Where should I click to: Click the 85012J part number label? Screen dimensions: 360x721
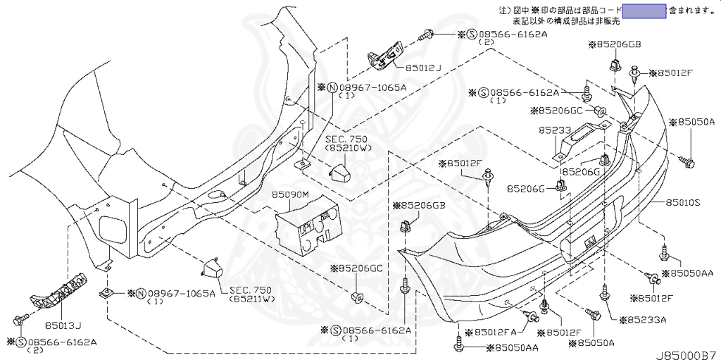[422, 68]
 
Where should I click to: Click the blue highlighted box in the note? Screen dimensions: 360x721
[644, 10]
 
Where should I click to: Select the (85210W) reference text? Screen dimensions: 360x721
[347, 149]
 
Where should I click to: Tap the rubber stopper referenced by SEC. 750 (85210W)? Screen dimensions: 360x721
[342, 170]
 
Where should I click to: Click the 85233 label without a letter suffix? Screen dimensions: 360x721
[555, 130]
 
